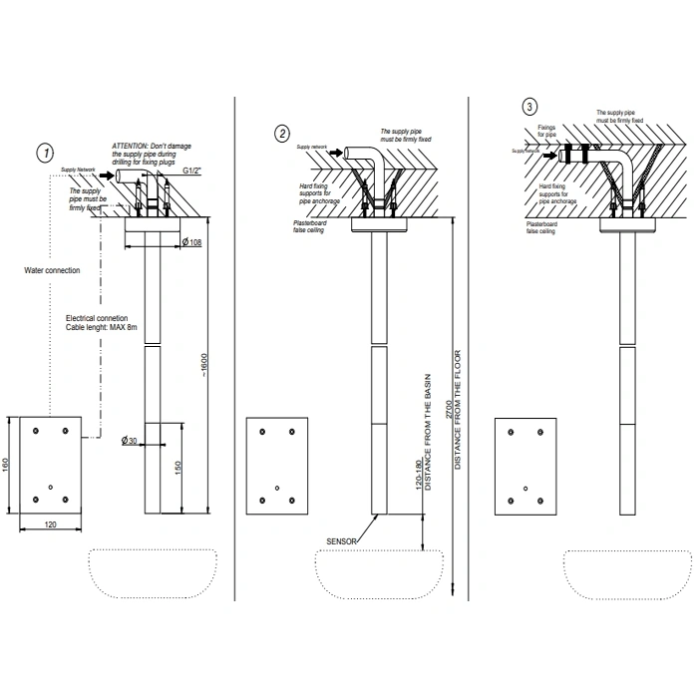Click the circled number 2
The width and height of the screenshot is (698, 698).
283,133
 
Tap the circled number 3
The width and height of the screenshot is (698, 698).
528,106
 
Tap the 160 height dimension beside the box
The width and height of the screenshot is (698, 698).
8,466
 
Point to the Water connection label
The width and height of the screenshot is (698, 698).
53,269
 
